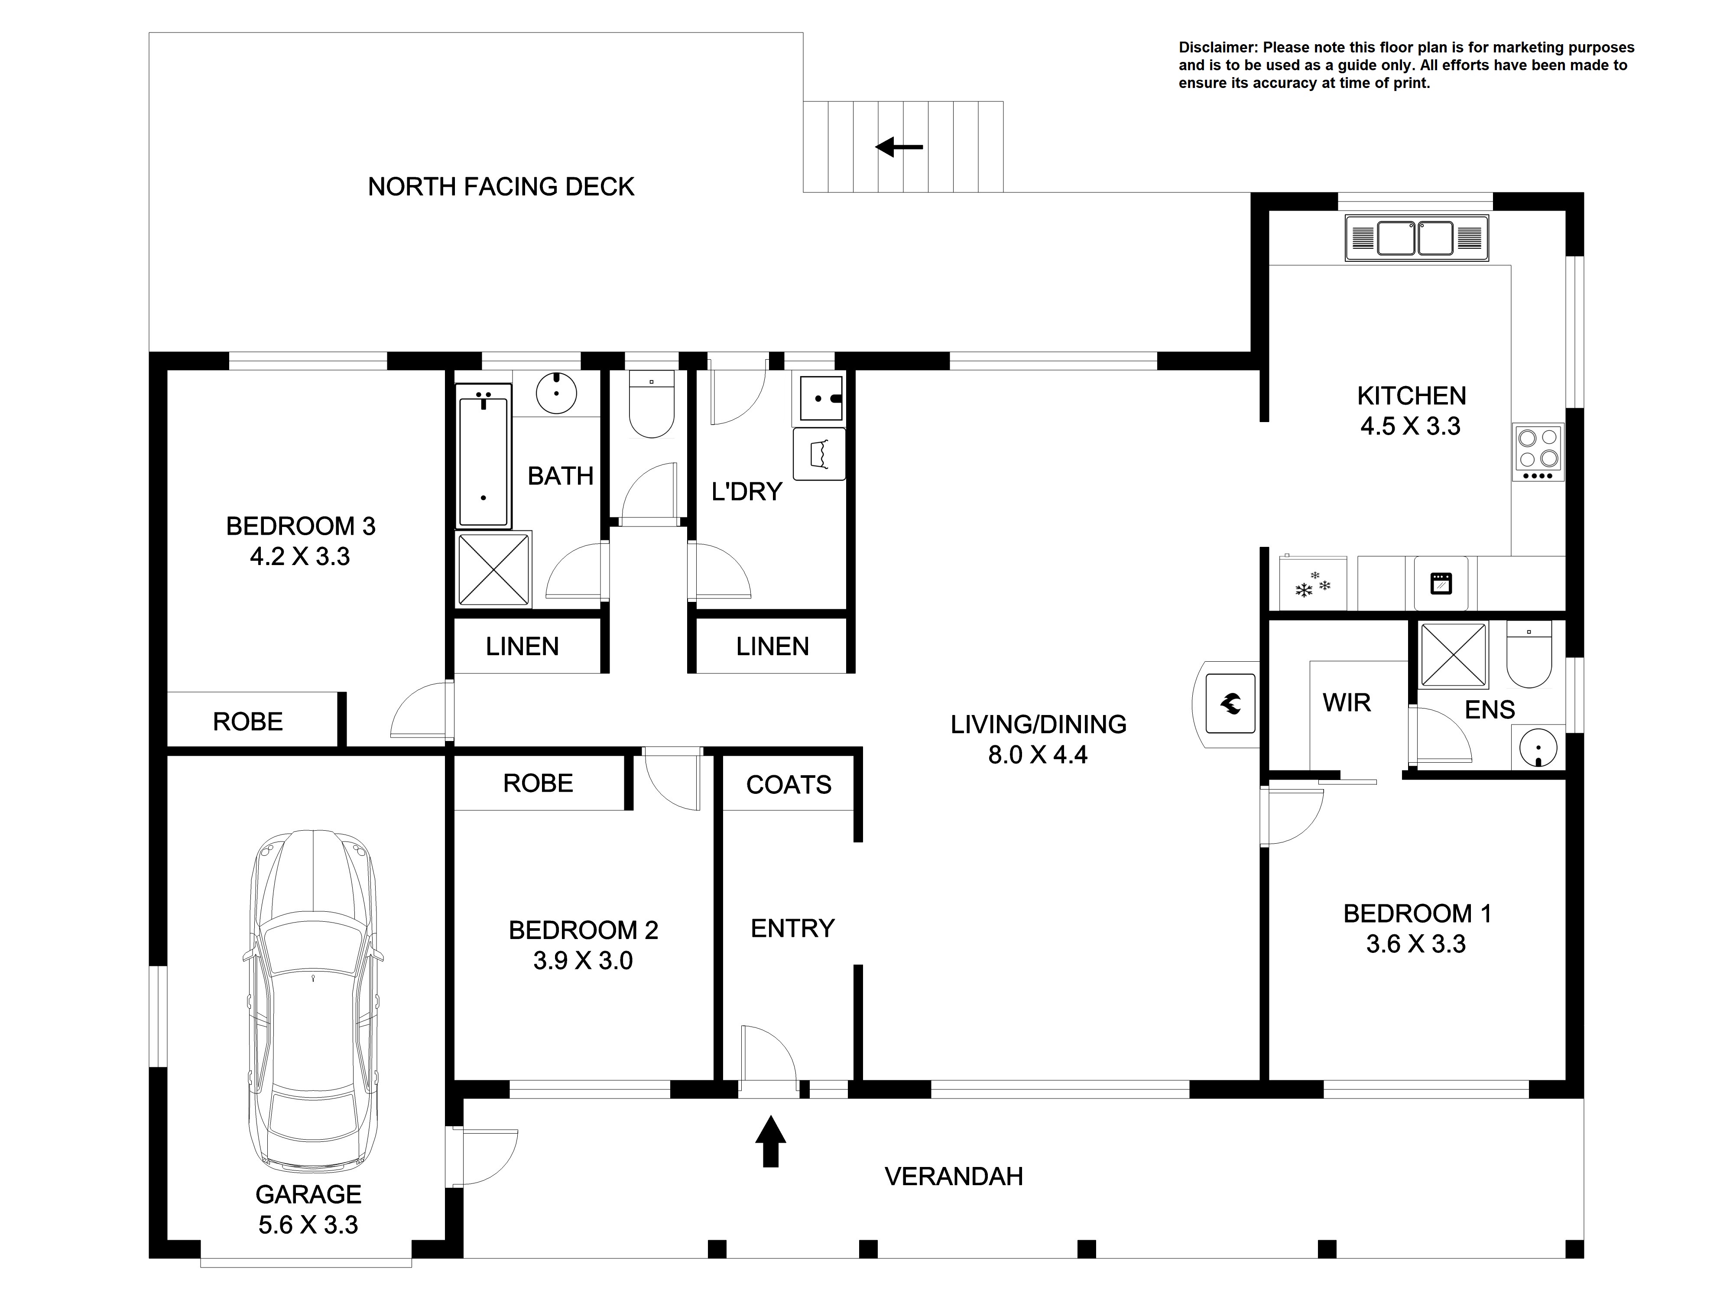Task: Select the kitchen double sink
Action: [1416, 237]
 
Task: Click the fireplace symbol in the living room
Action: [1230, 704]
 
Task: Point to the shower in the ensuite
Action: [1453, 654]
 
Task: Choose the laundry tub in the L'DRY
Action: [820, 454]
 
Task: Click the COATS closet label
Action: [788, 784]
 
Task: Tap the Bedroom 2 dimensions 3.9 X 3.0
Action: [583, 961]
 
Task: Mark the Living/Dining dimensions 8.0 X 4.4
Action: [1038, 754]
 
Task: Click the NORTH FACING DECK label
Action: [501, 186]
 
